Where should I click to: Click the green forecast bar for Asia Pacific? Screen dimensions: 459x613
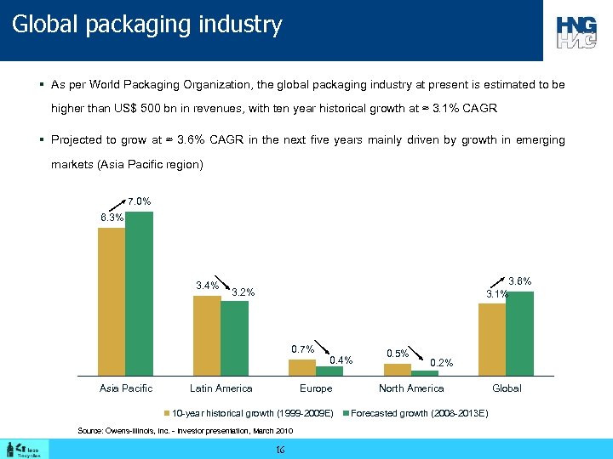click(x=139, y=293)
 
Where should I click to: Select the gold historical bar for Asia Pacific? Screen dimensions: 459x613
click(x=112, y=302)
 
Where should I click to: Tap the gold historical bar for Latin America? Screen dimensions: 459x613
click(x=207, y=335)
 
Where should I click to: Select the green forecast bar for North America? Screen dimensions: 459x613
click(x=425, y=372)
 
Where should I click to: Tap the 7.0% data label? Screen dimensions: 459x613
click(x=140, y=202)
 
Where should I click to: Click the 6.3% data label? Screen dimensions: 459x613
click(x=112, y=218)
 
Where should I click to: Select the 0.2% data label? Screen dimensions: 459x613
click(x=442, y=363)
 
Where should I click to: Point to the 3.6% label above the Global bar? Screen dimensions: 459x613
click(x=519, y=281)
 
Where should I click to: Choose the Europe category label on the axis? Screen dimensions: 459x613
click(x=316, y=388)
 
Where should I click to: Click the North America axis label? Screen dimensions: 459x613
click(x=411, y=388)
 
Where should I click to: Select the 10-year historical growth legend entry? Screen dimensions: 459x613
click(x=247, y=413)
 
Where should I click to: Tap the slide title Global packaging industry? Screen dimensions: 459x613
click(x=146, y=25)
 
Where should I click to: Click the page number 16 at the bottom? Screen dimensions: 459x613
click(x=280, y=449)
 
